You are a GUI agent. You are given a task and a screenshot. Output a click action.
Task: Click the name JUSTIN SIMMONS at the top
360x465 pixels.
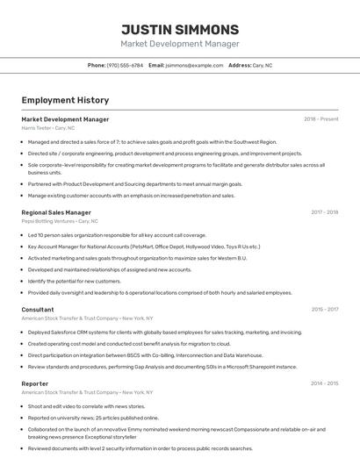pos(179,29)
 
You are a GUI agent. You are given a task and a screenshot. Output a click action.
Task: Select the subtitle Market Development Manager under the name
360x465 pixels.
pos(179,44)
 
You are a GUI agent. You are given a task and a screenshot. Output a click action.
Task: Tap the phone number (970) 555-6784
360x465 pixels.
pos(125,66)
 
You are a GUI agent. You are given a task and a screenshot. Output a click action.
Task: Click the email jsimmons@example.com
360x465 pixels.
pos(194,66)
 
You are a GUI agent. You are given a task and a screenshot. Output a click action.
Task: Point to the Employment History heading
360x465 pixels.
pos(65,100)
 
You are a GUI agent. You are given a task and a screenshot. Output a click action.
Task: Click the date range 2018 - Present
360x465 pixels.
pos(321,119)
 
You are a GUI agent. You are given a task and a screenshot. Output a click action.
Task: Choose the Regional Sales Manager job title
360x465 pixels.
pos(56,212)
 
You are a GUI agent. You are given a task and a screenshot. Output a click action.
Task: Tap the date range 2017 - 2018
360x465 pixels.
pos(324,212)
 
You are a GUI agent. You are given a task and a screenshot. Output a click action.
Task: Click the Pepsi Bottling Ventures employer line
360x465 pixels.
pos(60,221)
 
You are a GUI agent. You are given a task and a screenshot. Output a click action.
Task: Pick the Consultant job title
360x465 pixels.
pos(38,310)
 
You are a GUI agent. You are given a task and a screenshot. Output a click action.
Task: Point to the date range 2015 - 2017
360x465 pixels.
pos(324,310)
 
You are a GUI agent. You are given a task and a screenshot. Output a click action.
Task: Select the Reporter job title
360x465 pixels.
pos(35,383)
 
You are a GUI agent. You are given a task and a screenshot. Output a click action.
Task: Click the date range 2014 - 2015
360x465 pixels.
pos(324,383)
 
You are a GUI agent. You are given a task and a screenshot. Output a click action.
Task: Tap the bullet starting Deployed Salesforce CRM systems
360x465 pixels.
pos(164,333)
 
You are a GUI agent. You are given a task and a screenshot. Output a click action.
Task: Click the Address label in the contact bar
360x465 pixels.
pos(240,66)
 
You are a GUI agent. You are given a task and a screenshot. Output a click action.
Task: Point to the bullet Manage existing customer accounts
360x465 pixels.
pos(131,196)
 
